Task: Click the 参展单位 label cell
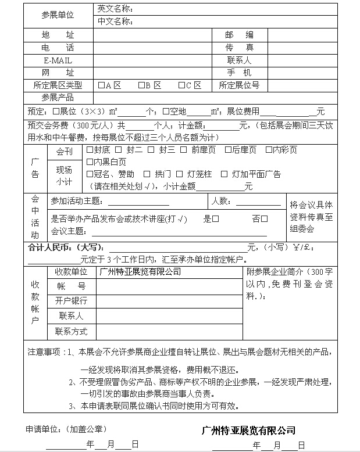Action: click(58, 16)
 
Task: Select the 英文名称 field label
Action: click(116, 9)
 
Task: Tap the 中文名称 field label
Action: click(116, 22)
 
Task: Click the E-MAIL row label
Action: click(58, 60)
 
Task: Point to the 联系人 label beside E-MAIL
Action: click(239, 60)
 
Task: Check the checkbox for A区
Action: click(101, 85)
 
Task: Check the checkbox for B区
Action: click(141, 85)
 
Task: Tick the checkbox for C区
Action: click(181, 85)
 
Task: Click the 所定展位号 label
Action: click(239, 85)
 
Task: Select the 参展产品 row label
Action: click(58, 98)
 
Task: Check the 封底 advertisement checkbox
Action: click(90, 150)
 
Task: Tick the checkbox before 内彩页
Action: click(269, 150)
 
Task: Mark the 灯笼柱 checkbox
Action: click(180, 174)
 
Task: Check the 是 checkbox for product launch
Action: click(216, 219)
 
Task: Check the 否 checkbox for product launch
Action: click(265, 219)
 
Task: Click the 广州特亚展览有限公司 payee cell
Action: click(140, 271)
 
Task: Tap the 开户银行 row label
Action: click(71, 300)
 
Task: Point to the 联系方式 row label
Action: click(71, 331)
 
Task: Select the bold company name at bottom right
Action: click(248, 431)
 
